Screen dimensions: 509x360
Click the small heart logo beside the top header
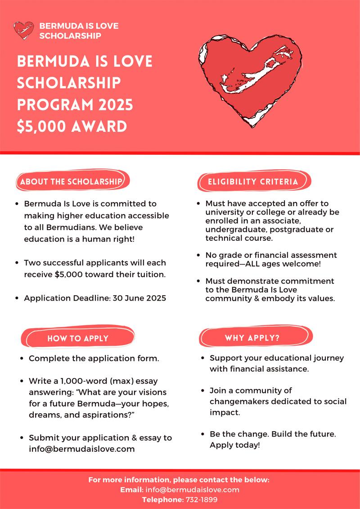(x=24, y=30)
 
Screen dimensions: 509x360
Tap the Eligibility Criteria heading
(x=253, y=182)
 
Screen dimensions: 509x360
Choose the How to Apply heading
(x=78, y=338)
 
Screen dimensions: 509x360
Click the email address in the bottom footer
(x=193, y=490)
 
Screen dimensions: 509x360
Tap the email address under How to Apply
(x=82, y=449)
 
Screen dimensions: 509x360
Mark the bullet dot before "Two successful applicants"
(x=17, y=263)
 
